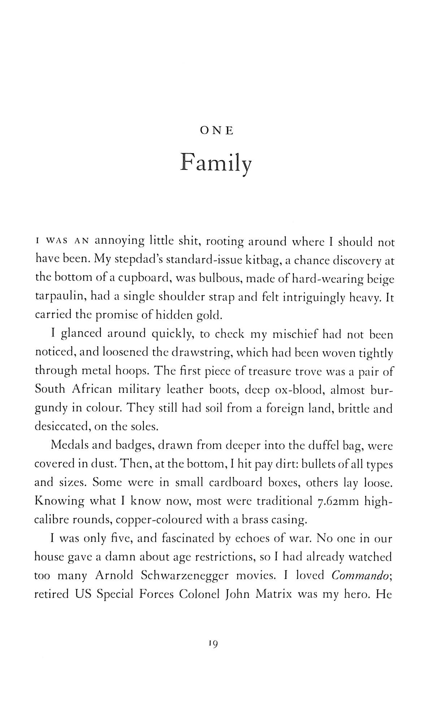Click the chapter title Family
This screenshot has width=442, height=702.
click(216, 164)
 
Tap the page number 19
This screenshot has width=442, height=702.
click(212, 643)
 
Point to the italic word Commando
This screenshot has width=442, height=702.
click(360, 575)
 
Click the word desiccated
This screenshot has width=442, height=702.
click(62, 427)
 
